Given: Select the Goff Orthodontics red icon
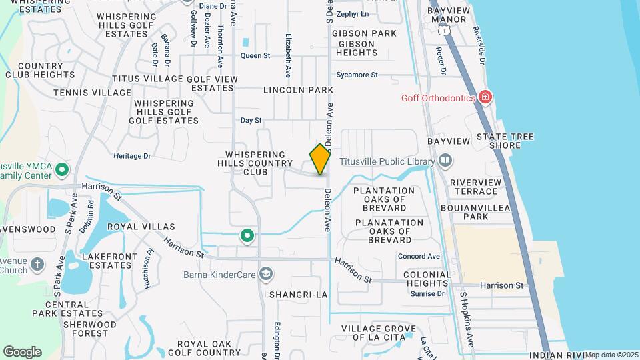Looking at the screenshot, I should (x=485, y=98).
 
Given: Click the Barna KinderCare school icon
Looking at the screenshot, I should (x=267, y=274).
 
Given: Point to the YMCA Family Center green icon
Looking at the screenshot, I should (x=62, y=169).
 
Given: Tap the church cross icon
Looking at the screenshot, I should (x=37, y=265).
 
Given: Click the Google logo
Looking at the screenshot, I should (x=22, y=352).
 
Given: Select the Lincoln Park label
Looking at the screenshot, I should (x=298, y=89).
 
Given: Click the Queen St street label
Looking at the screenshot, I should (x=255, y=56).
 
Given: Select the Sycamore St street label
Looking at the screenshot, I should (x=357, y=75).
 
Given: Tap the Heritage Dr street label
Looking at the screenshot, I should (x=133, y=156).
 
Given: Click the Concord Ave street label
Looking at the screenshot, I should (x=419, y=256).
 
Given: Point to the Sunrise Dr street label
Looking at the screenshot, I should (x=427, y=293).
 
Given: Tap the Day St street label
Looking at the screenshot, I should (x=251, y=121).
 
